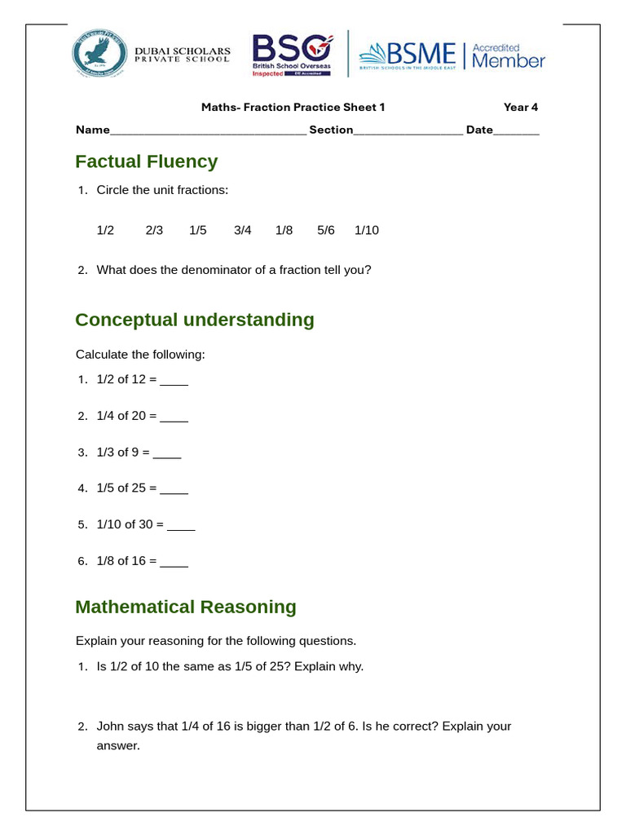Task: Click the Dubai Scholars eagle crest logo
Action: [x=100, y=55]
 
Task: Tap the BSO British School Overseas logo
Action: [x=292, y=55]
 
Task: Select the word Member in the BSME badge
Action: [x=509, y=61]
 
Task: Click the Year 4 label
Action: [x=520, y=107]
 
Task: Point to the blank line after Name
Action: [x=208, y=130]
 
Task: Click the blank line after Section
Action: [x=408, y=130]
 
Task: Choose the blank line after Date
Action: [x=517, y=130]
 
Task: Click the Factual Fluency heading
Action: [x=147, y=161]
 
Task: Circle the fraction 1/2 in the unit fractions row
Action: [x=105, y=230]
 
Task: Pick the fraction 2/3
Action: [x=154, y=230]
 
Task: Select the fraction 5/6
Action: [x=326, y=230]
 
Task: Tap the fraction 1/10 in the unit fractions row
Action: [x=367, y=230]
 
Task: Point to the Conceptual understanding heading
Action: [x=195, y=320]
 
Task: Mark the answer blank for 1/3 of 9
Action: [x=167, y=454]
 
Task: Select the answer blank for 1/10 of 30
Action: [x=181, y=527]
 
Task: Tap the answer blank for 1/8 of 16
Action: [x=174, y=563]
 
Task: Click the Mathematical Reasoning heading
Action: [x=186, y=607]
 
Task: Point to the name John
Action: [x=111, y=726]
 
